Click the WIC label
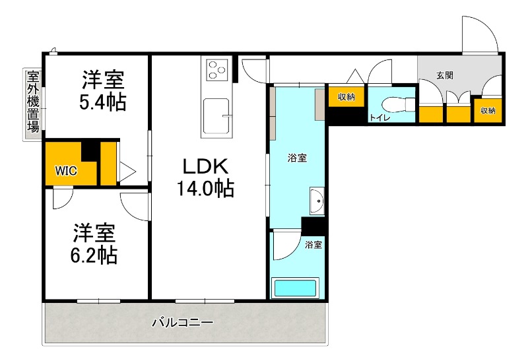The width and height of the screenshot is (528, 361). point(66,171)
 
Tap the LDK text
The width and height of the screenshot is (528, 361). point(205,166)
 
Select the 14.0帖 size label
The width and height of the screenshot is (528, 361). point(205,189)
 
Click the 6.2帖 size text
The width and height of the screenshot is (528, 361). point(94,255)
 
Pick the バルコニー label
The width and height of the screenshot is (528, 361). point(183,323)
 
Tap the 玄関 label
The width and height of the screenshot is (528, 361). point(444,75)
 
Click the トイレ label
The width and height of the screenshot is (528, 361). point(379,117)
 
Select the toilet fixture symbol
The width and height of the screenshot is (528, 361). point(400,104)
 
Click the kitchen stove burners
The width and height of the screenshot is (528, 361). point(216,69)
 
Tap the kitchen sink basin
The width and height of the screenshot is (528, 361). point(216,115)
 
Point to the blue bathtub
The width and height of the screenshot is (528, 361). point(295,288)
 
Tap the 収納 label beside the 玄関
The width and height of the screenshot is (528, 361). point(488,110)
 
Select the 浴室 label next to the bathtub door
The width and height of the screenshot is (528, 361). point(313,245)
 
